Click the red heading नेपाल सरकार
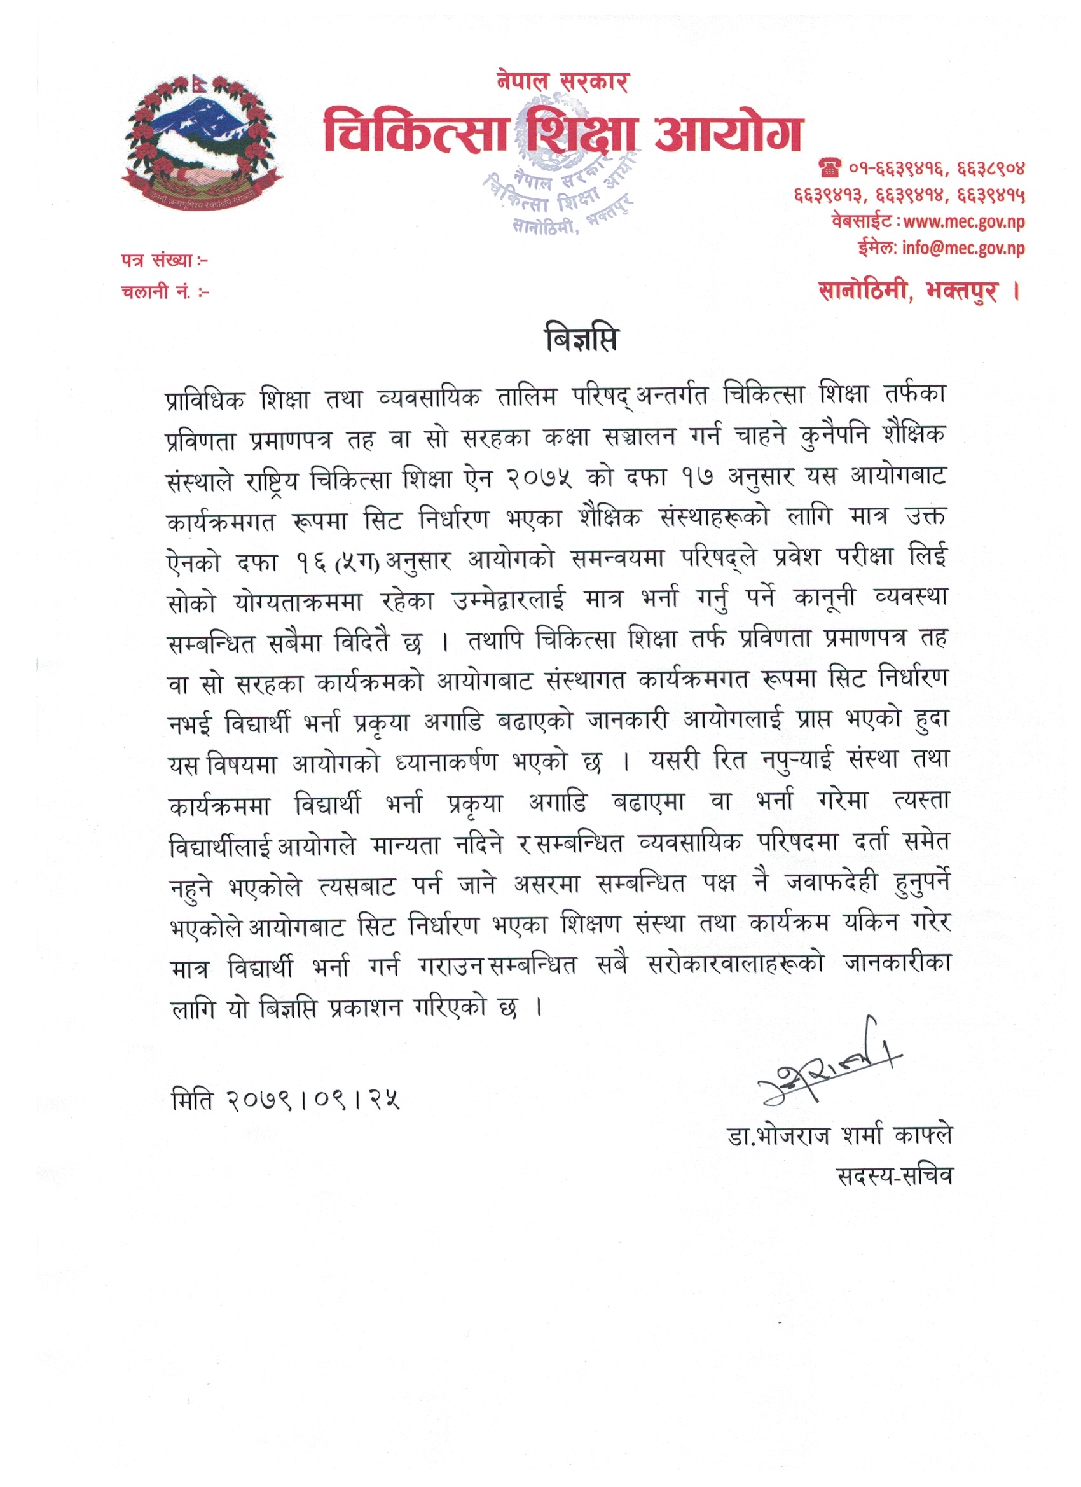point(563,81)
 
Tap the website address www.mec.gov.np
point(963,221)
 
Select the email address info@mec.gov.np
point(962,248)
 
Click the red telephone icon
point(829,169)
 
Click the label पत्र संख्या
point(164,261)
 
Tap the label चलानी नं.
point(165,292)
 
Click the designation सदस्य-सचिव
point(895,1176)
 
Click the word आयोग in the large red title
point(727,133)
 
